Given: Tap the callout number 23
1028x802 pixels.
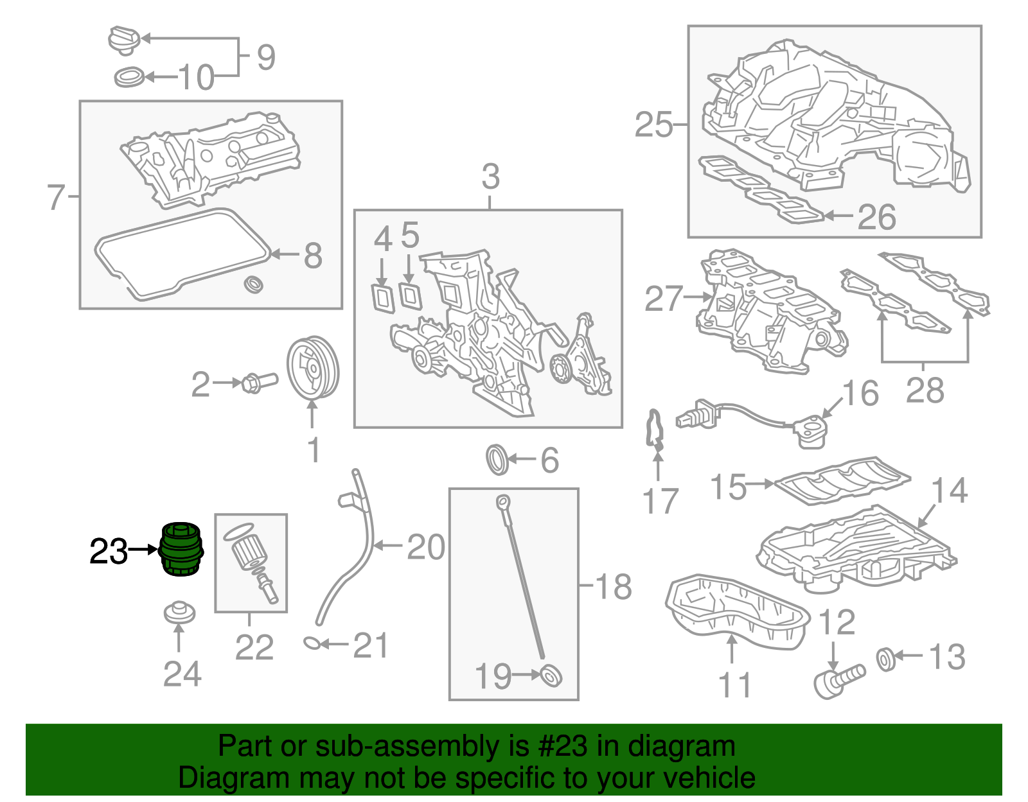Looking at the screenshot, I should click(108, 551).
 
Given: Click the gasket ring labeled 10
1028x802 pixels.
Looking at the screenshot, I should click(130, 78).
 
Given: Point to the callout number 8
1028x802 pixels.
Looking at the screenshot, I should click(313, 255).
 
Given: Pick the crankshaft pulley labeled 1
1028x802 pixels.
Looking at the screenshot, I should click(312, 368).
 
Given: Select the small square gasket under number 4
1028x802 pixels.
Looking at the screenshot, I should click(383, 298).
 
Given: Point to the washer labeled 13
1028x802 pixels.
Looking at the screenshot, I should click(885, 659).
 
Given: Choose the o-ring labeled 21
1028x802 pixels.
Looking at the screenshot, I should click(312, 642).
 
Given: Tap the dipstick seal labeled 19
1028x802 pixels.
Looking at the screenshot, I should click(551, 676).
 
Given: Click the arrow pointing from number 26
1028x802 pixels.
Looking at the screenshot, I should click(839, 216).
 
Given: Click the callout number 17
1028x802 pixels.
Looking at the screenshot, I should click(660, 501).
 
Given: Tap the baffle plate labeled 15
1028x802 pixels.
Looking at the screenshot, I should click(842, 480).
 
